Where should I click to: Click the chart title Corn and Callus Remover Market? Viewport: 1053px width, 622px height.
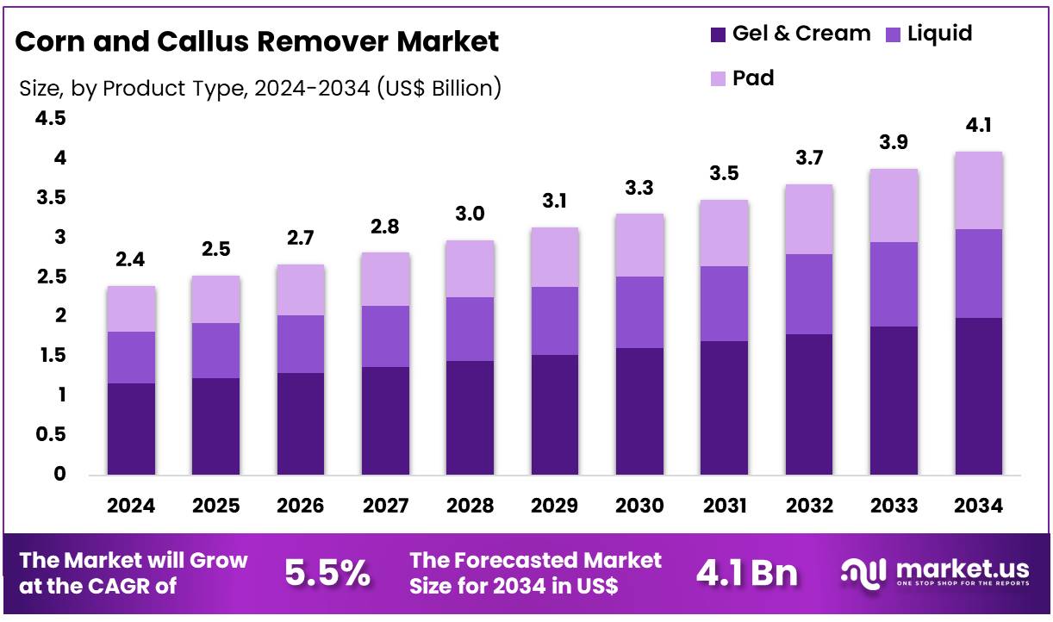click(257, 41)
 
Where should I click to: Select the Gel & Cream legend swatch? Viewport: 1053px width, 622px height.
click(718, 34)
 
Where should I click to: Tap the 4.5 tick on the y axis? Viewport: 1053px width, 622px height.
click(49, 119)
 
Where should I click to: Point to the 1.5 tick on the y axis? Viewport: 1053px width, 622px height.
click(49, 356)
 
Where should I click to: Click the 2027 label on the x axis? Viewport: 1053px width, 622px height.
click(385, 506)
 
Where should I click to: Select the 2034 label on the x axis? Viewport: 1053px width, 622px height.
click(979, 506)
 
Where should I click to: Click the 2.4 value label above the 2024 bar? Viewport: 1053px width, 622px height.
click(131, 260)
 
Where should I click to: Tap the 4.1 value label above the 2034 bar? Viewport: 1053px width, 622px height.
click(979, 126)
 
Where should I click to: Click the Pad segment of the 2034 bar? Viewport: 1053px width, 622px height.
click(979, 190)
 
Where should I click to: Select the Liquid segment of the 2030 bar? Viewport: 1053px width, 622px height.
click(639, 312)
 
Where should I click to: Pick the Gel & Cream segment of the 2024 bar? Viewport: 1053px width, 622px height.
click(131, 429)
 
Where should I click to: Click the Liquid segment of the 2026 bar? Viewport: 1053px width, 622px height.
click(301, 344)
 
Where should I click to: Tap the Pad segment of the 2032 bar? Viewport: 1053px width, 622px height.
click(809, 219)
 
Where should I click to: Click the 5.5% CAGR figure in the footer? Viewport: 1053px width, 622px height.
click(327, 573)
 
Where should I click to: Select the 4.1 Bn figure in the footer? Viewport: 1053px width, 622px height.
click(746, 573)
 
